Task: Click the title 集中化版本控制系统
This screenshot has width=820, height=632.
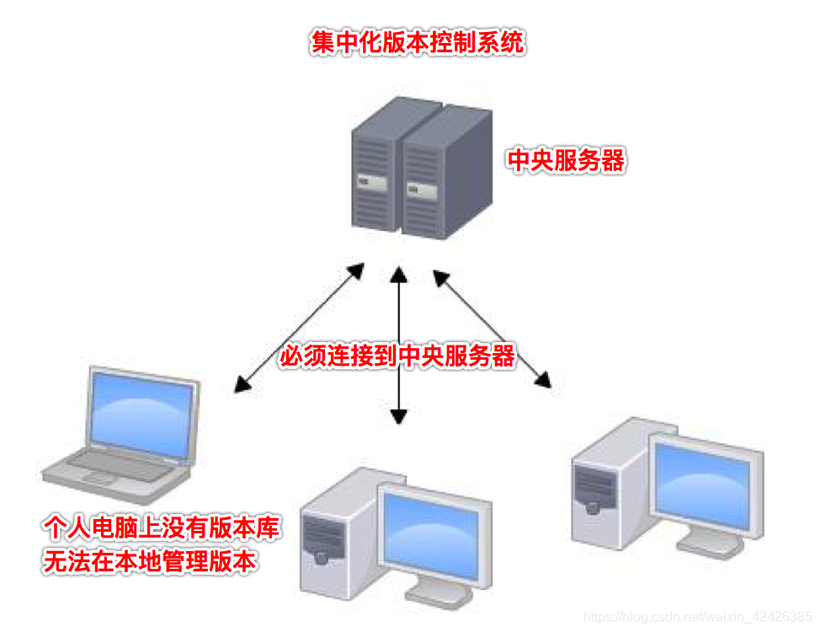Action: pyautogui.click(x=418, y=43)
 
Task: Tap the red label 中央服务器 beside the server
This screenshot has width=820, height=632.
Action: pyautogui.click(x=566, y=161)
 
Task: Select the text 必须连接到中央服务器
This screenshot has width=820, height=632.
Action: pyautogui.click(x=397, y=356)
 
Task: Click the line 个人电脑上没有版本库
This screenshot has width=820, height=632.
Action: pyautogui.click(x=161, y=528)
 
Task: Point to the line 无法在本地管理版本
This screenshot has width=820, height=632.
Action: pyautogui.click(x=149, y=562)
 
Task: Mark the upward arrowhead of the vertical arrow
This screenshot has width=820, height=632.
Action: pyautogui.click(x=398, y=274)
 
